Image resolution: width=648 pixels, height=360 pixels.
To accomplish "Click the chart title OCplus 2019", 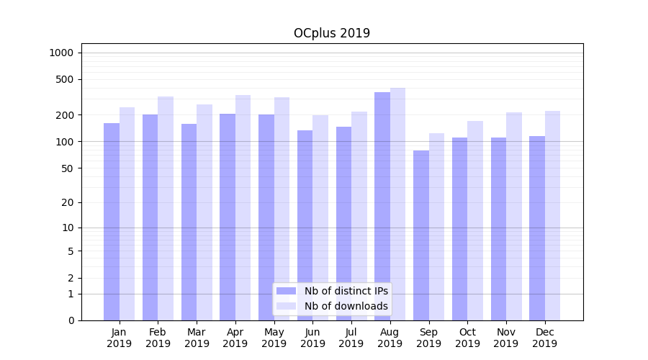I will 332,33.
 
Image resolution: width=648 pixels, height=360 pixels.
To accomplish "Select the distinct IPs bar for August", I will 382,206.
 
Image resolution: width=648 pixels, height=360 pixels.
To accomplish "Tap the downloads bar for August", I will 397,204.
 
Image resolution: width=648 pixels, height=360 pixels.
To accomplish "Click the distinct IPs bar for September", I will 421,235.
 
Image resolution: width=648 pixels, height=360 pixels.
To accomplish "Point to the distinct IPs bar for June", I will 305,225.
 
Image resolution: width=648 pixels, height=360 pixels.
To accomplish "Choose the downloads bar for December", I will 552,215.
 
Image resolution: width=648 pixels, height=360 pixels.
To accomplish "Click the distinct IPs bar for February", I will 150,217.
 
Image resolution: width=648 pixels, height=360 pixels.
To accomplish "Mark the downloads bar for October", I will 475,220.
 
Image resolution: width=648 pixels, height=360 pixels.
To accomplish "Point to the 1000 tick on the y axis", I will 61,53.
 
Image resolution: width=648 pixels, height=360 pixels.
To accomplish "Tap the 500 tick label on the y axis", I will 65,79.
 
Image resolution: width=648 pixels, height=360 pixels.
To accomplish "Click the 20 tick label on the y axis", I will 68,202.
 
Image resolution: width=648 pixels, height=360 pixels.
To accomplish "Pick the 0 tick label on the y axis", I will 71,320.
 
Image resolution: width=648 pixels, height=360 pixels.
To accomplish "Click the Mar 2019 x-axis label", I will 197,338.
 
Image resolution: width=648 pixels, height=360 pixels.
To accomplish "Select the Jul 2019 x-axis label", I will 351,338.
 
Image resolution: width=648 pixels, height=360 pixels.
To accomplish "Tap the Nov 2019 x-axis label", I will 506,338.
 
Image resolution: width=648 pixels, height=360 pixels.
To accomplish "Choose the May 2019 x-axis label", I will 274,338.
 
